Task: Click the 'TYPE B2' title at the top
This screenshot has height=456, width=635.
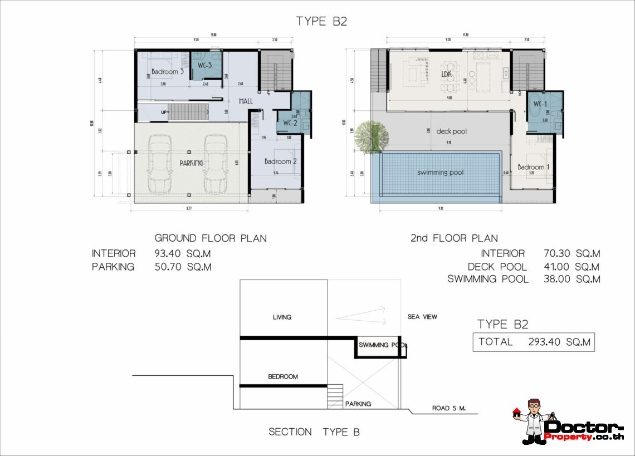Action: point(322,21)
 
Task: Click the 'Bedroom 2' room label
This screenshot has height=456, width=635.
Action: point(280,161)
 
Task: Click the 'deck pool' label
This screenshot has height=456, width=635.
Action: point(451,132)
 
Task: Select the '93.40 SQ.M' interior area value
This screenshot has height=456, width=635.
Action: point(183,254)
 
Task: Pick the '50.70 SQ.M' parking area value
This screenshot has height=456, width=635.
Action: point(183,267)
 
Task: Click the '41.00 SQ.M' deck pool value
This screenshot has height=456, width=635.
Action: point(571,267)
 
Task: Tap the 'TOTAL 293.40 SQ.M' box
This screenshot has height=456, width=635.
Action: point(534,342)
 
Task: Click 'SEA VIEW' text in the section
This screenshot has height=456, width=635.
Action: point(422,317)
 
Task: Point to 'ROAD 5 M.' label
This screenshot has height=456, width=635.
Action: point(448,408)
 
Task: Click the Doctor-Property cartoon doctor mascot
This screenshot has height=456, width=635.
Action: point(533,421)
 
